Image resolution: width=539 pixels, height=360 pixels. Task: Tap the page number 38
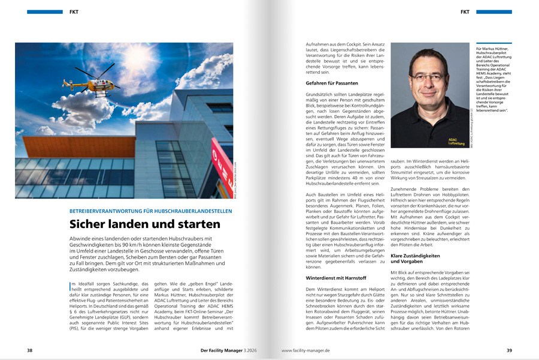pyautogui.click(x=29, y=350)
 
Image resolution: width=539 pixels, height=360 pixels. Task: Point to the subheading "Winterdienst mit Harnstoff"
pyautogui.click(x=335, y=278)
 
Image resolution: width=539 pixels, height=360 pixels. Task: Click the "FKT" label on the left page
pyautogui.click(x=73, y=11)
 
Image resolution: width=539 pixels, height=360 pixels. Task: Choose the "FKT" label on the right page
pyautogui.click(x=465, y=11)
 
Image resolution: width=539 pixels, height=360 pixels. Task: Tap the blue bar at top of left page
pyautogui.click(x=45, y=11)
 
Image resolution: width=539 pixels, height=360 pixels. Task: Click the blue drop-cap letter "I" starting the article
pyautogui.click(x=71, y=285)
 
